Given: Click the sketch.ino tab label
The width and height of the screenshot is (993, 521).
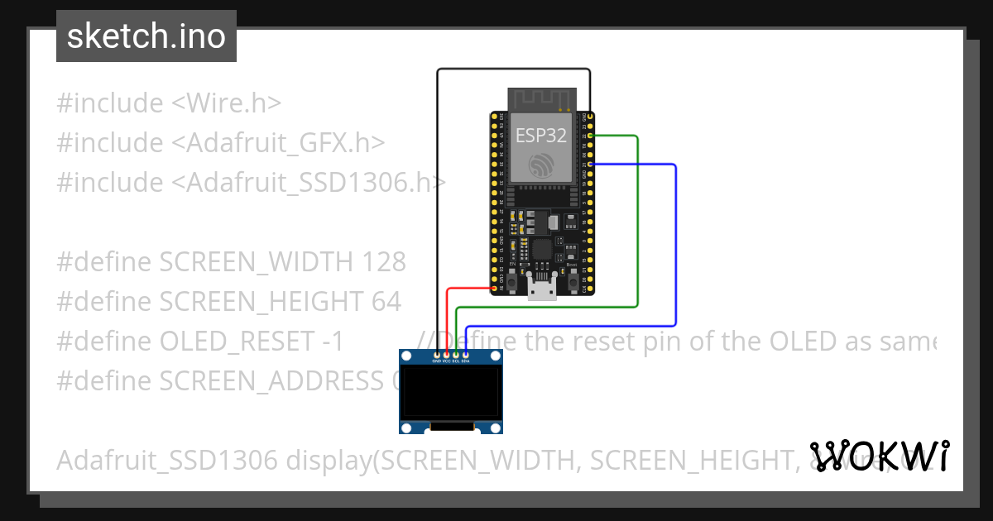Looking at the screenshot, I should tap(146, 36).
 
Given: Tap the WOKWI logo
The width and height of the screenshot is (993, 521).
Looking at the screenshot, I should tap(880, 456).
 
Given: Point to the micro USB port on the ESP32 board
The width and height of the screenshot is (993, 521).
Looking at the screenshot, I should tap(542, 289).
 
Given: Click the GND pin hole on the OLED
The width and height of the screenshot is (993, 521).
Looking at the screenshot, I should tap(437, 355).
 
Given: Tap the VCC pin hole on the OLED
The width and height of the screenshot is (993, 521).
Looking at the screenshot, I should tap(447, 355).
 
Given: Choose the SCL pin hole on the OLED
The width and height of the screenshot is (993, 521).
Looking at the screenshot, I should tap(456, 355).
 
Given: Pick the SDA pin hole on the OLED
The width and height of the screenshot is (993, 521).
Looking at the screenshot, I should tap(466, 355).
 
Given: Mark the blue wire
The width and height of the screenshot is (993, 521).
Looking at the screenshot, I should tap(676, 248).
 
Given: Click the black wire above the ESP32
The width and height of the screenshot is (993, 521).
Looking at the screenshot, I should tap(513, 69).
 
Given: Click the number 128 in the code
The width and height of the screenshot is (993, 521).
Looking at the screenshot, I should tap(384, 262).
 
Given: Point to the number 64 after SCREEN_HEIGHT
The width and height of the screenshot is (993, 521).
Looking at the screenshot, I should tap(386, 302).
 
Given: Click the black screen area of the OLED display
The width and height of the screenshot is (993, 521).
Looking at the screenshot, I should tap(451, 393).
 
